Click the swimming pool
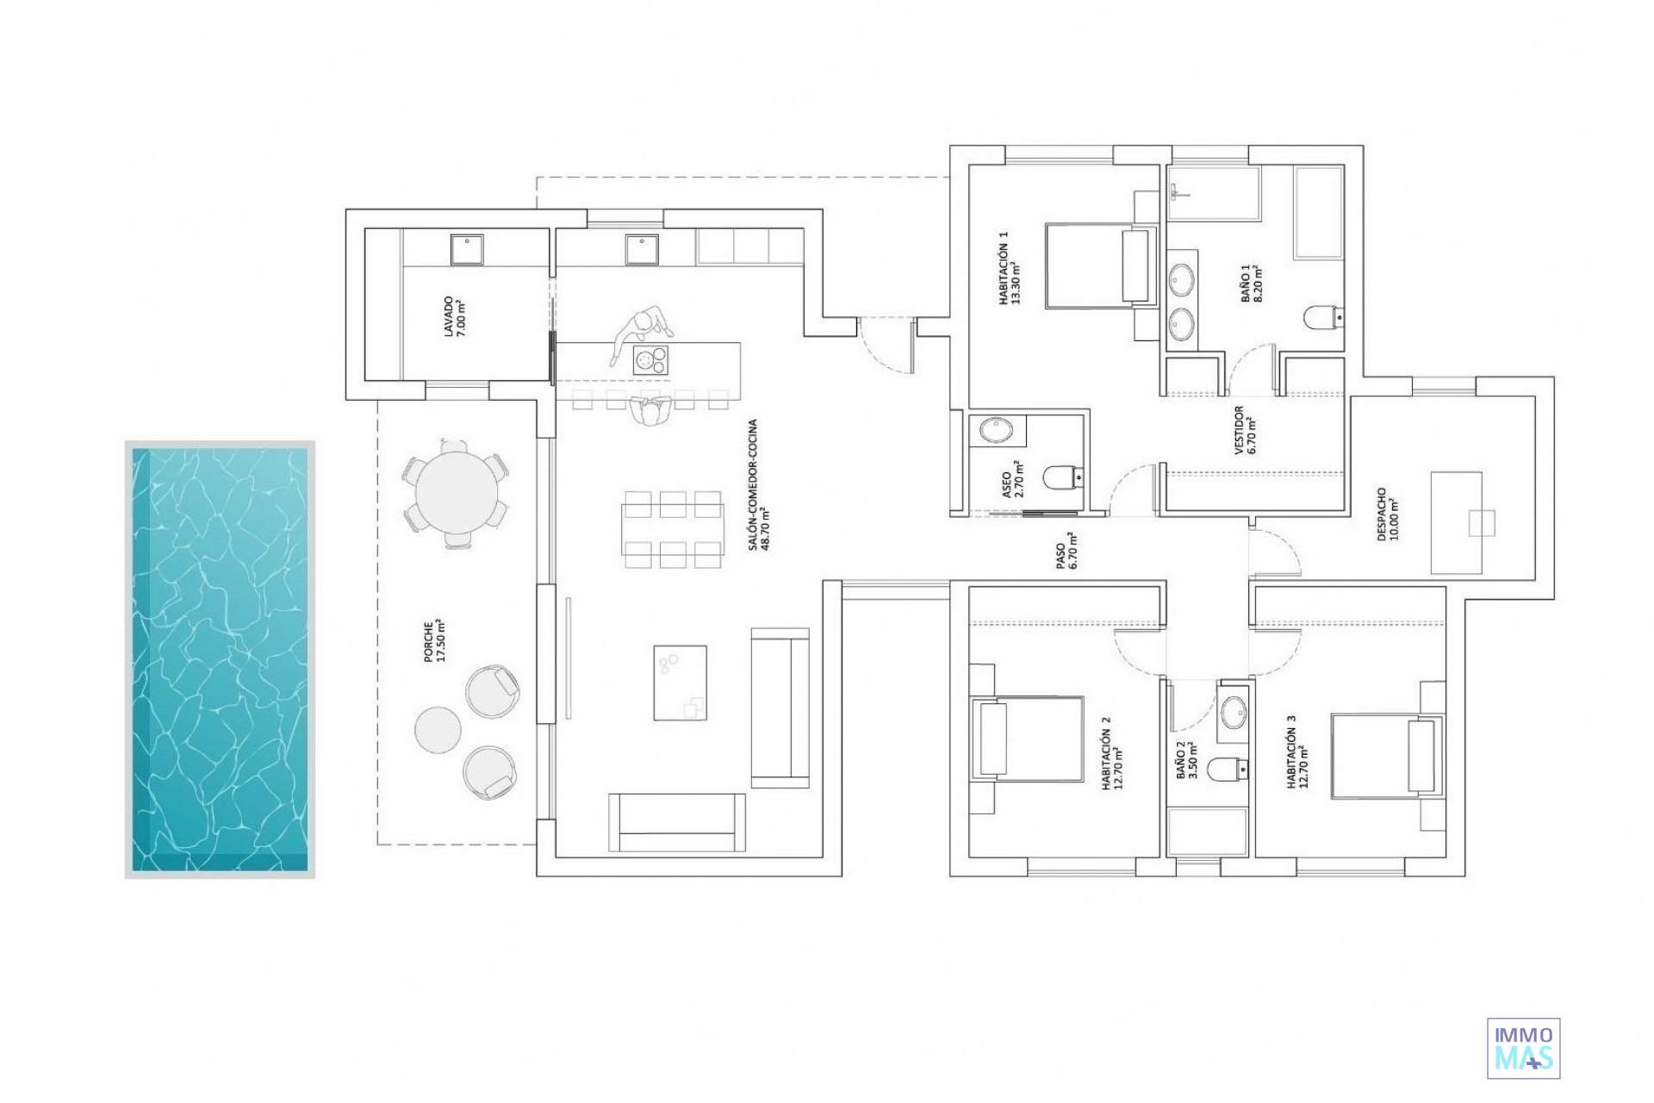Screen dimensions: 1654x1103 [220, 659]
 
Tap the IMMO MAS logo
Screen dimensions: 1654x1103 [1524, 1048]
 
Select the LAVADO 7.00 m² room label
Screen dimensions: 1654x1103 [454, 317]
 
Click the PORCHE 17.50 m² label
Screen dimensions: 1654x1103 [434, 640]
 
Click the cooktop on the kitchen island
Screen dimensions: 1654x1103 [650, 360]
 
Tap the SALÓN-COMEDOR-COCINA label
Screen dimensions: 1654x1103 [758, 485]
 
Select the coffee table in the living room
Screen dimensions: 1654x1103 [680, 682]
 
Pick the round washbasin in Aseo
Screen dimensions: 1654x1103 [996, 430]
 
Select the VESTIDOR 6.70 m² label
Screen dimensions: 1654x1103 [1245, 430]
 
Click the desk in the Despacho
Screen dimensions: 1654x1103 [1457, 522]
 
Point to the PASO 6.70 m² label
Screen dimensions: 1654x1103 [1067, 551]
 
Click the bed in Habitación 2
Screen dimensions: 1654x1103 [1028, 739]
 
